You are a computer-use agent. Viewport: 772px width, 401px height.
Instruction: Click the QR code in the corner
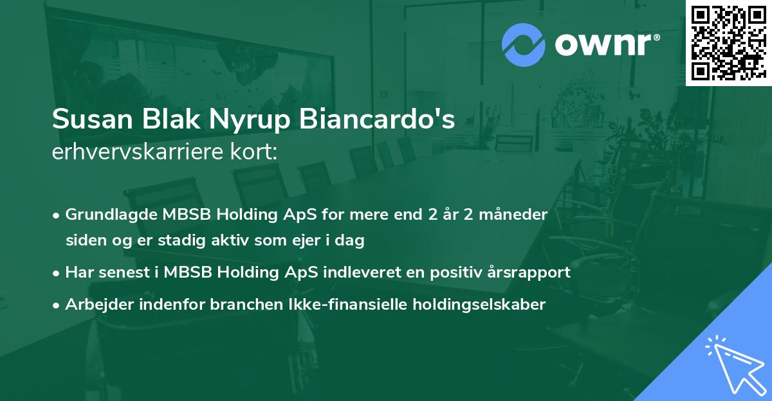click(x=728, y=42)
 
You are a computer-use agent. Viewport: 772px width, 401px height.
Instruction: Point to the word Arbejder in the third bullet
click(x=96, y=305)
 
